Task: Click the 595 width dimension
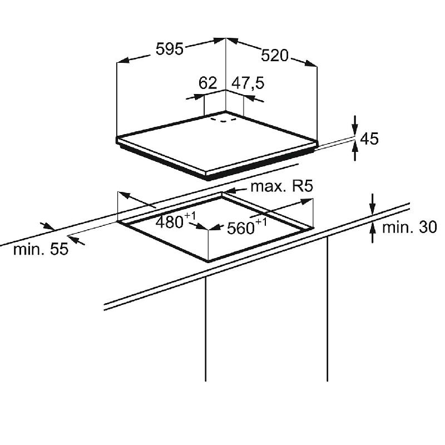pyautogui.click(x=170, y=49)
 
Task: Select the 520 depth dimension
pyautogui.click(x=274, y=55)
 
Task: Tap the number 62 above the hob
pyautogui.click(x=207, y=83)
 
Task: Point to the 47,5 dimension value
pyautogui.click(x=248, y=83)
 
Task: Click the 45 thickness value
pyautogui.click(x=369, y=139)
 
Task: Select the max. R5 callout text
pyautogui.click(x=282, y=186)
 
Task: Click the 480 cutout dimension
pyautogui.click(x=169, y=222)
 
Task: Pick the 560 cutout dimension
pyautogui.click(x=241, y=228)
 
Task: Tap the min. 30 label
pyautogui.click(x=409, y=228)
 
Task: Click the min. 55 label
pyautogui.click(x=41, y=249)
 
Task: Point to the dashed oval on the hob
pyautogui.click(x=224, y=118)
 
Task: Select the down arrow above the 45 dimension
pyautogui.click(x=355, y=126)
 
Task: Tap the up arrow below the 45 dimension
pyautogui.click(x=355, y=151)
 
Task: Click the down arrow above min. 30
pyautogui.click(x=373, y=204)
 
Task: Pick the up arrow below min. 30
pyautogui.click(x=373, y=233)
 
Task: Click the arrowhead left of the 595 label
pyautogui.click(x=123, y=60)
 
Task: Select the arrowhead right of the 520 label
pyautogui.click(x=310, y=63)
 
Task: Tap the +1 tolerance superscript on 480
pyautogui.click(x=190, y=216)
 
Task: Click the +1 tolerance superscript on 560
pyautogui.click(x=261, y=222)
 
